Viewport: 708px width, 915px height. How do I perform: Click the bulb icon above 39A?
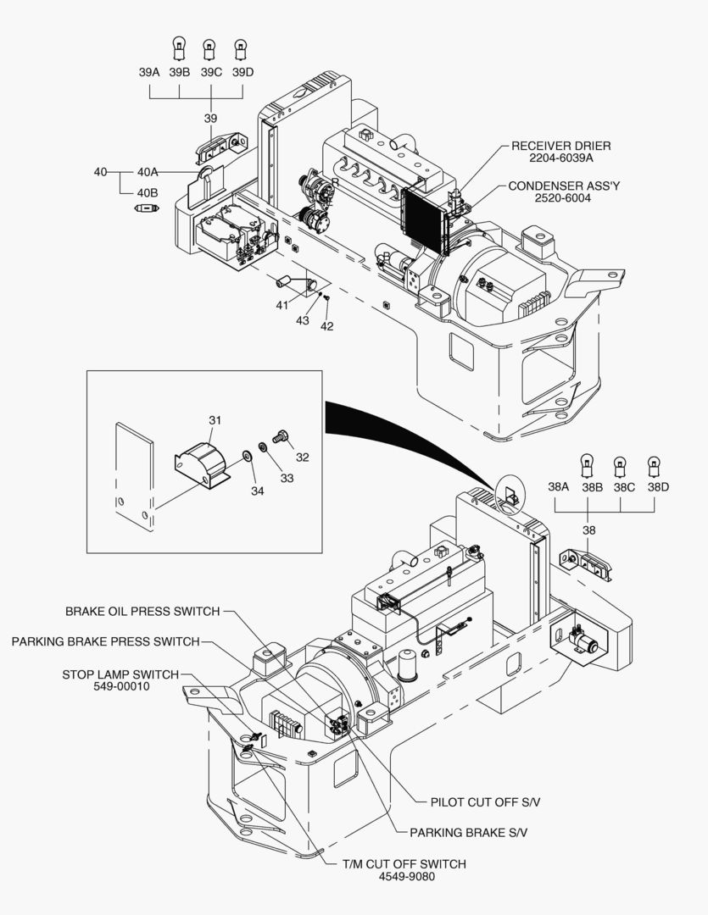pos(179,44)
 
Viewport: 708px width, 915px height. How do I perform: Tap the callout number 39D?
pos(243,72)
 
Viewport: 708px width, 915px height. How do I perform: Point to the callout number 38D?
pos(657,487)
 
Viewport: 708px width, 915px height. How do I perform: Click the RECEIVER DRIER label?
pos(560,146)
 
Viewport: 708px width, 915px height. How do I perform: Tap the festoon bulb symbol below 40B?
pos(147,208)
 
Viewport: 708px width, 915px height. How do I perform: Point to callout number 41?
pos(282,306)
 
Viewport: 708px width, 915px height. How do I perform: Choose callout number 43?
pos(303,321)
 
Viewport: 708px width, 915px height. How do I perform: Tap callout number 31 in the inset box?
pos(215,420)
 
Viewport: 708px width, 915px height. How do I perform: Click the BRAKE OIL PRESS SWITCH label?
pos(142,612)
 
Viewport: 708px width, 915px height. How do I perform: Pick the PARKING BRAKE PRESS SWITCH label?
pos(105,641)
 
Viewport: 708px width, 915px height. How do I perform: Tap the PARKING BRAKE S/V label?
pos(468,832)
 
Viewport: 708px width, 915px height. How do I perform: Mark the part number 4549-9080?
pos(406,876)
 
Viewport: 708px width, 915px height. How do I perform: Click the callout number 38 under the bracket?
pos(588,530)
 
